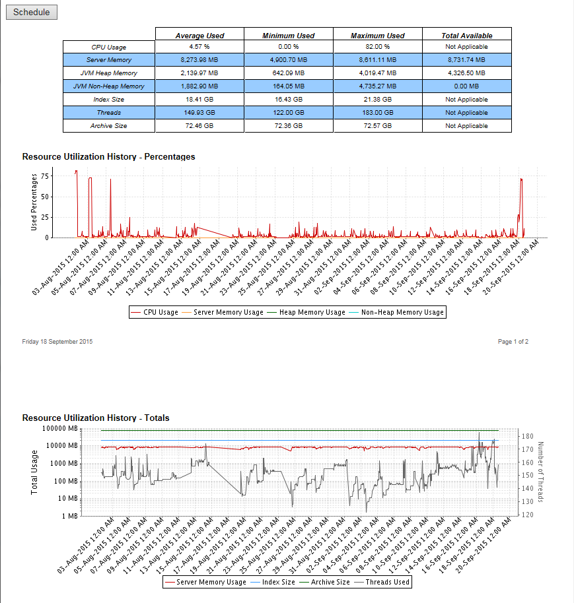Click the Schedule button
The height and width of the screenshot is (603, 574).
[x=32, y=13]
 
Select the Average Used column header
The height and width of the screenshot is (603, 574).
[x=199, y=36]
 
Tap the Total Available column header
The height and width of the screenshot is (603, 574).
[x=466, y=36]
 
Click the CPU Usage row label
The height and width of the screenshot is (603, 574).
[x=109, y=47]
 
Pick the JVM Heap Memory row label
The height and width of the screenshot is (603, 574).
[x=109, y=73]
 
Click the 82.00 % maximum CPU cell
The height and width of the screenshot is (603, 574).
[x=377, y=47]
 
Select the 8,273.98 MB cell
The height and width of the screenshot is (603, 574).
[x=199, y=60]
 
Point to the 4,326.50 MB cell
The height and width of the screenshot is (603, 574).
[x=466, y=73]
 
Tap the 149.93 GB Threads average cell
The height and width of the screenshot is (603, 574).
[x=199, y=113]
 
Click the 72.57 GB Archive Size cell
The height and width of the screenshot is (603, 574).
[x=377, y=126]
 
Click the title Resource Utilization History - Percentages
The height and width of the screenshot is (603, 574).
[x=108, y=157]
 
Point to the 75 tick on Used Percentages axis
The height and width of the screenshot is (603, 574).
[x=45, y=176]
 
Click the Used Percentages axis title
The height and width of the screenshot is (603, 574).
[x=34, y=202]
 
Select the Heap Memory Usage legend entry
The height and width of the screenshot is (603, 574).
[x=312, y=312]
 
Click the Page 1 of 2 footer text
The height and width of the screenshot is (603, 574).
[x=513, y=342]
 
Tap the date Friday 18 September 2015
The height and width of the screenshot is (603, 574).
[x=57, y=342]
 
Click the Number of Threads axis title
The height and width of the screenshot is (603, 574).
[x=540, y=472]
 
